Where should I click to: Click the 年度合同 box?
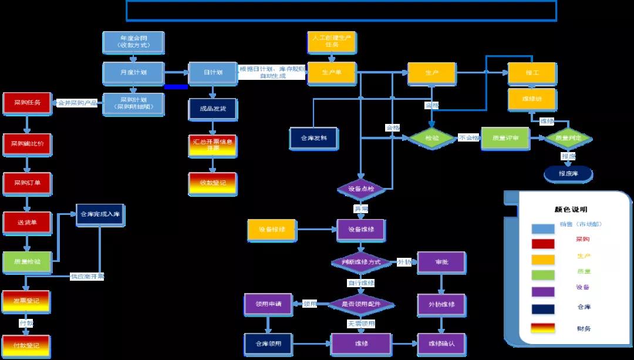click(133, 42)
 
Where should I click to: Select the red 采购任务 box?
click(26, 103)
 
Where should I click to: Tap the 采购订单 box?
click(27, 183)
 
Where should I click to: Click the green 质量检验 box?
click(26, 261)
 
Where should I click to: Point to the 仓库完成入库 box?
click(99, 215)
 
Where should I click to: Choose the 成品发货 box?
click(212, 109)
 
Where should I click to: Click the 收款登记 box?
click(212, 183)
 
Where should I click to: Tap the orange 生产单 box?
click(332, 73)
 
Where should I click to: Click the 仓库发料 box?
click(313, 138)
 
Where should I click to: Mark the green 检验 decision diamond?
click(431, 138)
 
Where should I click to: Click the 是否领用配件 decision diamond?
click(360, 304)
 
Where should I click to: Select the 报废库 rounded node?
click(568, 174)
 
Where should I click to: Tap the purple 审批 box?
click(441, 262)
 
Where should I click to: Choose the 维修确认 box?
click(441, 344)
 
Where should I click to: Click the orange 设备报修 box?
click(271, 230)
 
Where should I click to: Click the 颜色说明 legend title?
click(571, 209)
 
